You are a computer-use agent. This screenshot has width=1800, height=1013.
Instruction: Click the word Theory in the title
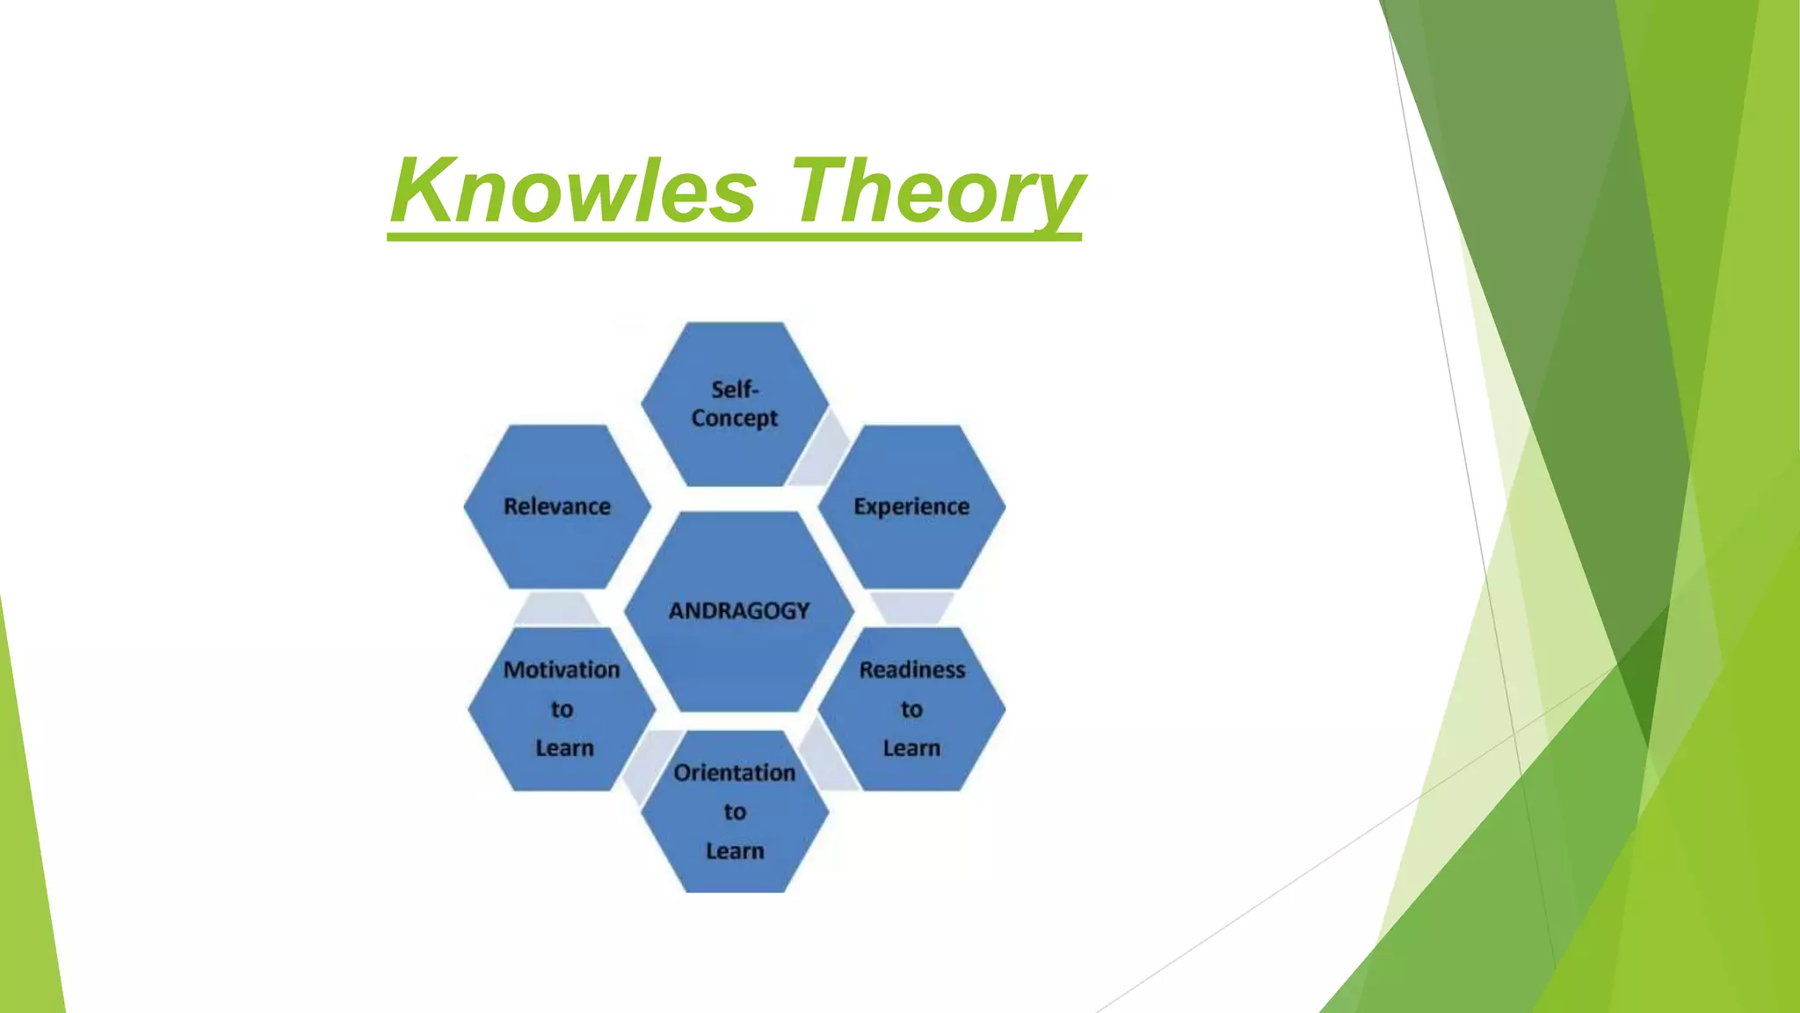point(937,191)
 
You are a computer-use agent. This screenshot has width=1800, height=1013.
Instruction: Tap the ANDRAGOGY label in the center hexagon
point(738,610)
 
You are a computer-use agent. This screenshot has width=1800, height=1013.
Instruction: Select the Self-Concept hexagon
point(735,404)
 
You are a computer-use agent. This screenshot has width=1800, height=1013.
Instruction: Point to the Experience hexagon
point(911,507)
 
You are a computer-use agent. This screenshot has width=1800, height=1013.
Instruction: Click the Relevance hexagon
point(557,507)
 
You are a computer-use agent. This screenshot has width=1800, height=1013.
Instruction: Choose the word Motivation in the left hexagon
point(562,670)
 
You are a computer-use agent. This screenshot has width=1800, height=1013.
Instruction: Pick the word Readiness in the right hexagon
point(911,670)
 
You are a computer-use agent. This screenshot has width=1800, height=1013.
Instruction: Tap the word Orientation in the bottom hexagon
point(735,773)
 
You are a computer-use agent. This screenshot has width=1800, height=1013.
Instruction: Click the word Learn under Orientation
point(735,851)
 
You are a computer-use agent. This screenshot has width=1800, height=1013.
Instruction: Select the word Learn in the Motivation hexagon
point(564,748)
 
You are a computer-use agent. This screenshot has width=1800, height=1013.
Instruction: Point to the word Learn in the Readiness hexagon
point(911,748)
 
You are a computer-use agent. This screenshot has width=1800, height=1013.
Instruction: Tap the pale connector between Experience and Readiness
point(911,607)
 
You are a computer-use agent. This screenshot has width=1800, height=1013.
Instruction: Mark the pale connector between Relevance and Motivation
point(555,608)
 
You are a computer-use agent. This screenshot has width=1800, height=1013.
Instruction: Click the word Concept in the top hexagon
point(735,419)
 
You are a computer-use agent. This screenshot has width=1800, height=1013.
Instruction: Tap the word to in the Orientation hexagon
point(735,813)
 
